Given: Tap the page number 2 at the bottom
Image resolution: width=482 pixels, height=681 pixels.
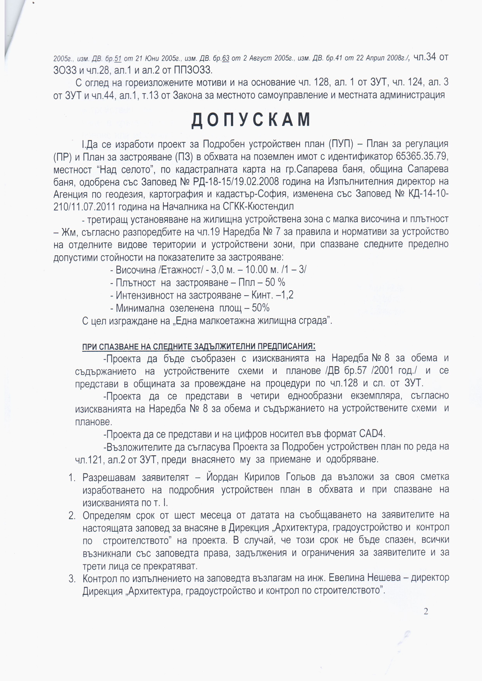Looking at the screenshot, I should (426, 612).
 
